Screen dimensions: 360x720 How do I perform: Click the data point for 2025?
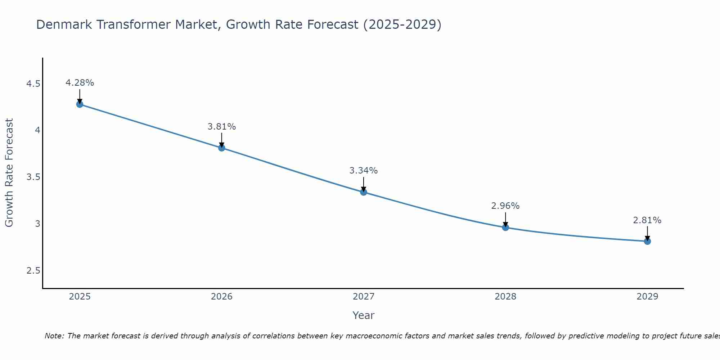point(80,104)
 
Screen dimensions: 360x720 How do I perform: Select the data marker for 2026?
point(221,148)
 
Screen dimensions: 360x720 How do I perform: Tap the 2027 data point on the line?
point(364,192)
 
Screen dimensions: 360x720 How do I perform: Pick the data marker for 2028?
point(505,227)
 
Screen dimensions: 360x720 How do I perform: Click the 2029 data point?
point(647,241)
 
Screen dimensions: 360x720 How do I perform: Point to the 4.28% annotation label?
point(80,83)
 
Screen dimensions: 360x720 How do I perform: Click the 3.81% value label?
point(221,127)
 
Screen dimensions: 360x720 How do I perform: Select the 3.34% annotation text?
point(364,171)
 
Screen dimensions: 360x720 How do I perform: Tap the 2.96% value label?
point(505,206)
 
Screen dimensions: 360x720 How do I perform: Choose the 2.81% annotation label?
point(647,220)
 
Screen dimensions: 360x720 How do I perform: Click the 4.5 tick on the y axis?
point(33,84)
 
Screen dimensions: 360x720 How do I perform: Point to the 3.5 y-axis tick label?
point(33,177)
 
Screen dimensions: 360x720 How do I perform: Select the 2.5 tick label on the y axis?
point(33,271)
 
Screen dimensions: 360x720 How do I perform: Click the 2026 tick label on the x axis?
point(221,297)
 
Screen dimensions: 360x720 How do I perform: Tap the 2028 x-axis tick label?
point(505,297)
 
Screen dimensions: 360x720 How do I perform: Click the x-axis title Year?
point(364,315)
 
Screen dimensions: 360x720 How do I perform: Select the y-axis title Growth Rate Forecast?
point(9,173)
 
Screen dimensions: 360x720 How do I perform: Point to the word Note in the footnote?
point(54,336)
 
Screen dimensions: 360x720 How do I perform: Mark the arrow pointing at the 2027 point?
point(364,184)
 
